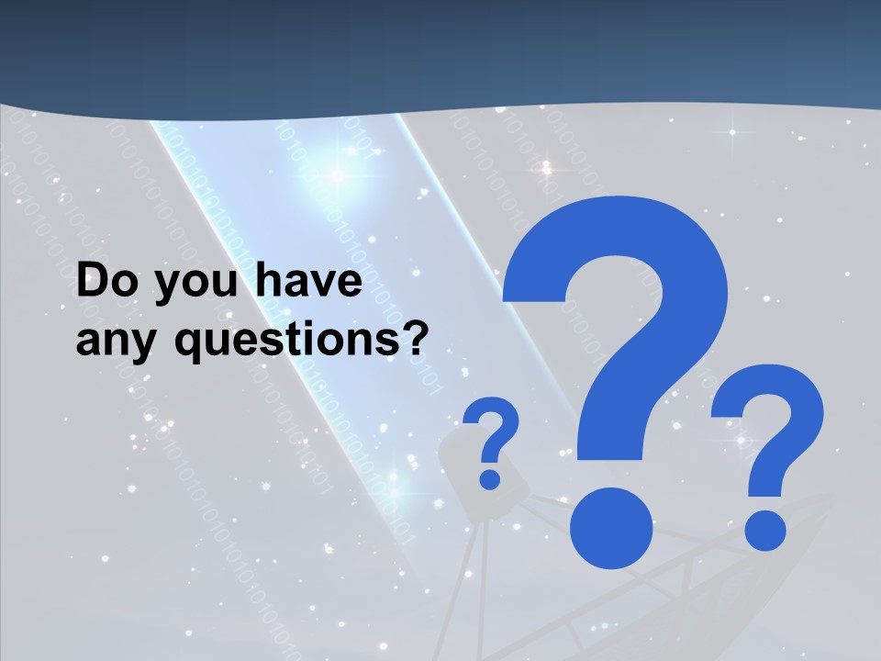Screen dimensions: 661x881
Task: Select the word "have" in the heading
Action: pos(308,283)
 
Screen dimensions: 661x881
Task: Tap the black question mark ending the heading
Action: pos(413,338)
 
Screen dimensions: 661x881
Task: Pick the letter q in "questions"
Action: pos(188,345)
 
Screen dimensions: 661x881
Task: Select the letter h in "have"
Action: pos(265,281)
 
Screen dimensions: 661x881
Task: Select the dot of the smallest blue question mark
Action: pos(490,478)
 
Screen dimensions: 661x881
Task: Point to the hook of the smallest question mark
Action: pos(494,427)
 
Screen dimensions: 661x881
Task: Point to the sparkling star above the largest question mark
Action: pos(547,168)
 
